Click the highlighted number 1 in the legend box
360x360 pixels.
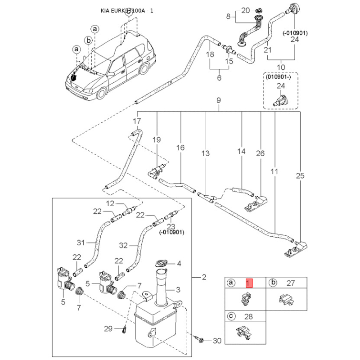click(x=249, y=283)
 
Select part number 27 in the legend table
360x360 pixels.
click(x=291, y=283)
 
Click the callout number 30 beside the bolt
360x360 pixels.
click(x=217, y=341)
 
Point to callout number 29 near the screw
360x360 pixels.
click(x=108, y=329)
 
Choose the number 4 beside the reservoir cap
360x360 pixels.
click(x=179, y=264)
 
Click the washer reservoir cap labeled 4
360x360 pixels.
click(x=161, y=264)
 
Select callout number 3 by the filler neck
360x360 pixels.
click(x=178, y=290)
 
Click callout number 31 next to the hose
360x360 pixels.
click(x=81, y=243)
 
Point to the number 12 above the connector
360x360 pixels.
click(x=110, y=203)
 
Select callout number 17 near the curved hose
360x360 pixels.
click(x=137, y=121)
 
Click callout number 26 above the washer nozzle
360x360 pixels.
click(x=261, y=153)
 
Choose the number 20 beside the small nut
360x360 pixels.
click(x=245, y=10)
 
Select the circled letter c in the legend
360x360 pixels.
click(x=231, y=316)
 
